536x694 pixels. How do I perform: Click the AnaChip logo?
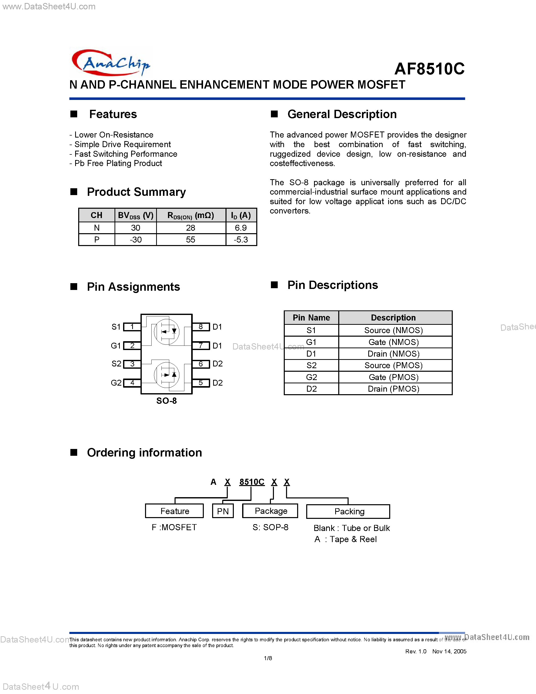[x=111, y=63]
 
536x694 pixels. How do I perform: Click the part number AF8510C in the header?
[x=429, y=69]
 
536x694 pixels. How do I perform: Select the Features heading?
[x=113, y=114]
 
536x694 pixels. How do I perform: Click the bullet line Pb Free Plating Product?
[x=118, y=163]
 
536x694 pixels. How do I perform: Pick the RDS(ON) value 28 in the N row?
[x=190, y=228]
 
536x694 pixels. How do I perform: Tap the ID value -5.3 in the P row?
[x=241, y=239]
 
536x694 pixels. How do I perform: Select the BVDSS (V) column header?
[x=136, y=216]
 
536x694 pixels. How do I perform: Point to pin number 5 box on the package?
[x=201, y=383]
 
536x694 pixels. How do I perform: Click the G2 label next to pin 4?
[x=116, y=383]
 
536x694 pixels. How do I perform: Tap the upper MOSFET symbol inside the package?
[x=166, y=331]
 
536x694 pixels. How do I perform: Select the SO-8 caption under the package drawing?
[x=166, y=401]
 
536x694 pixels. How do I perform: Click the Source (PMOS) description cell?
[x=393, y=365]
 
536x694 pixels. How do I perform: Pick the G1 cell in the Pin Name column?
[x=311, y=342]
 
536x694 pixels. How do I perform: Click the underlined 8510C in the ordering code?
[x=251, y=482]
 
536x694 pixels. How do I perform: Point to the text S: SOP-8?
[x=270, y=527]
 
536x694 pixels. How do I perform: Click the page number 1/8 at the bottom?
[x=268, y=658]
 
